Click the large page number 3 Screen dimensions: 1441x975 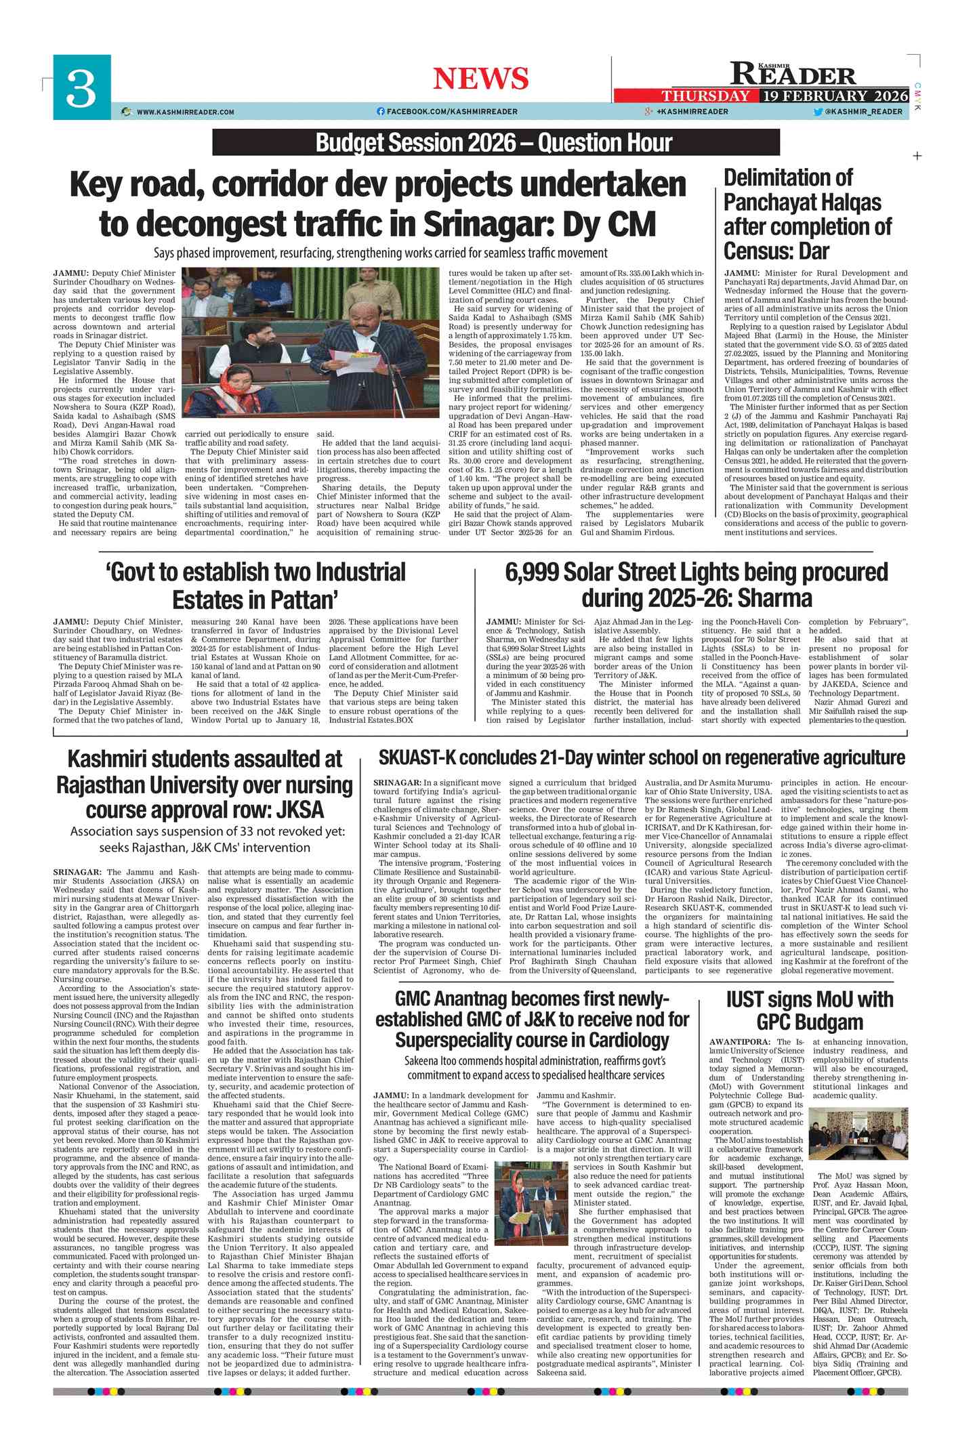(81, 89)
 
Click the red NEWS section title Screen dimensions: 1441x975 (480, 79)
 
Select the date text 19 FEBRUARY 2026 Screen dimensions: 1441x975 (835, 96)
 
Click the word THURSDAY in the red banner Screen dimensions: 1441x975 (705, 96)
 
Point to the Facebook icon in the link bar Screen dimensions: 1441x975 (380, 112)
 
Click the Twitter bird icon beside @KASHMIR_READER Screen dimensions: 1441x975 (818, 112)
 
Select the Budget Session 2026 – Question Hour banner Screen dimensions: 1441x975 (495, 142)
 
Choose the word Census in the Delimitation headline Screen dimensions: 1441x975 (755, 251)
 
